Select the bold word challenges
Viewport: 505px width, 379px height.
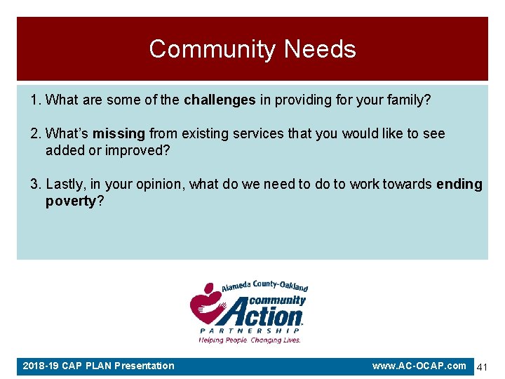pyautogui.click(x=220, y=100)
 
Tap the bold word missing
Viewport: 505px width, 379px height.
pyautogui.click(x=119, y=133)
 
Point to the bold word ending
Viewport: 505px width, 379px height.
pyautogui.click(x=459, y=185)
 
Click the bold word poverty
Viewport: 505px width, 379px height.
pyautogui.click(x=70, y=201)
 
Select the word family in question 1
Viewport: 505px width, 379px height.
pyautogui.click(x=410, y=100)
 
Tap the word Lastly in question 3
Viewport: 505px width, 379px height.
pyautogui.click(x=64, y=185)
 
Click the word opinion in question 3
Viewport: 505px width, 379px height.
pyautogui.click(x=154, y=185)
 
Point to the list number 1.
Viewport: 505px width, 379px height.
pyautogui.click(x=35, y=100)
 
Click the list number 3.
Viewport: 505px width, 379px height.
pyautogui.click(x=35, y=185)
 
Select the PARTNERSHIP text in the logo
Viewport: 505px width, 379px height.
pyautogui.click(x=250, y=331)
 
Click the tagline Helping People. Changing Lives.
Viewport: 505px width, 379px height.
pyautogui.click(x=250, y=340)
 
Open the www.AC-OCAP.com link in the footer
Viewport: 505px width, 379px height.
pyautogui.click(x=419, y=366)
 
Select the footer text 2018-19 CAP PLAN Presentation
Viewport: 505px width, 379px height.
pyautogui.click(x=98, y=366)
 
